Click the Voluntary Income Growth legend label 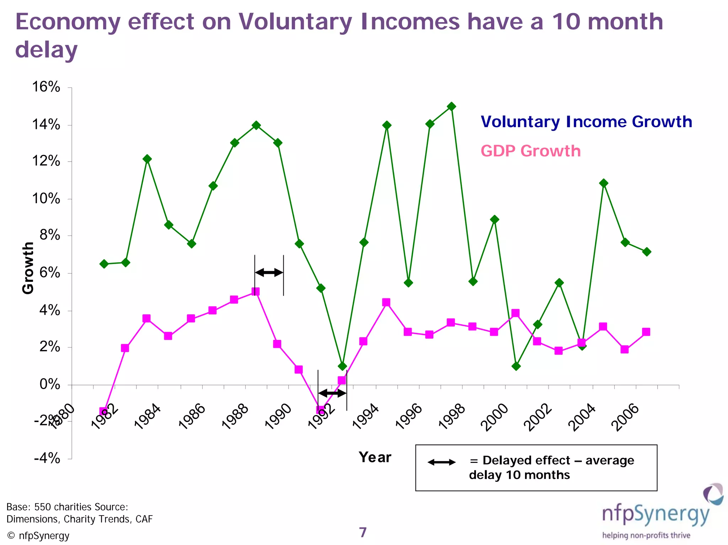click(586, 122)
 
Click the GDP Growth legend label click(530, 151)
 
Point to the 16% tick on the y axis click(46, 87)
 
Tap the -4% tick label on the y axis click(47, 458)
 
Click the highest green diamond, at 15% click(451, 106)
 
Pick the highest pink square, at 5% click(255, 291)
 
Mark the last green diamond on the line click(647, 252)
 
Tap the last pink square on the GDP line click(646, 332)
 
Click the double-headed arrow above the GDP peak click(269, 272)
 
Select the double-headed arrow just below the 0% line click(332, 393)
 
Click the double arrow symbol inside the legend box click(441, 462)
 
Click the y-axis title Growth click(28, 268)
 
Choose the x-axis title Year click(375, 457)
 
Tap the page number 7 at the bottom click(363, 532)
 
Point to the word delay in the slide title click(46, 50)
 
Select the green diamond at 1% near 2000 click(516, 366)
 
